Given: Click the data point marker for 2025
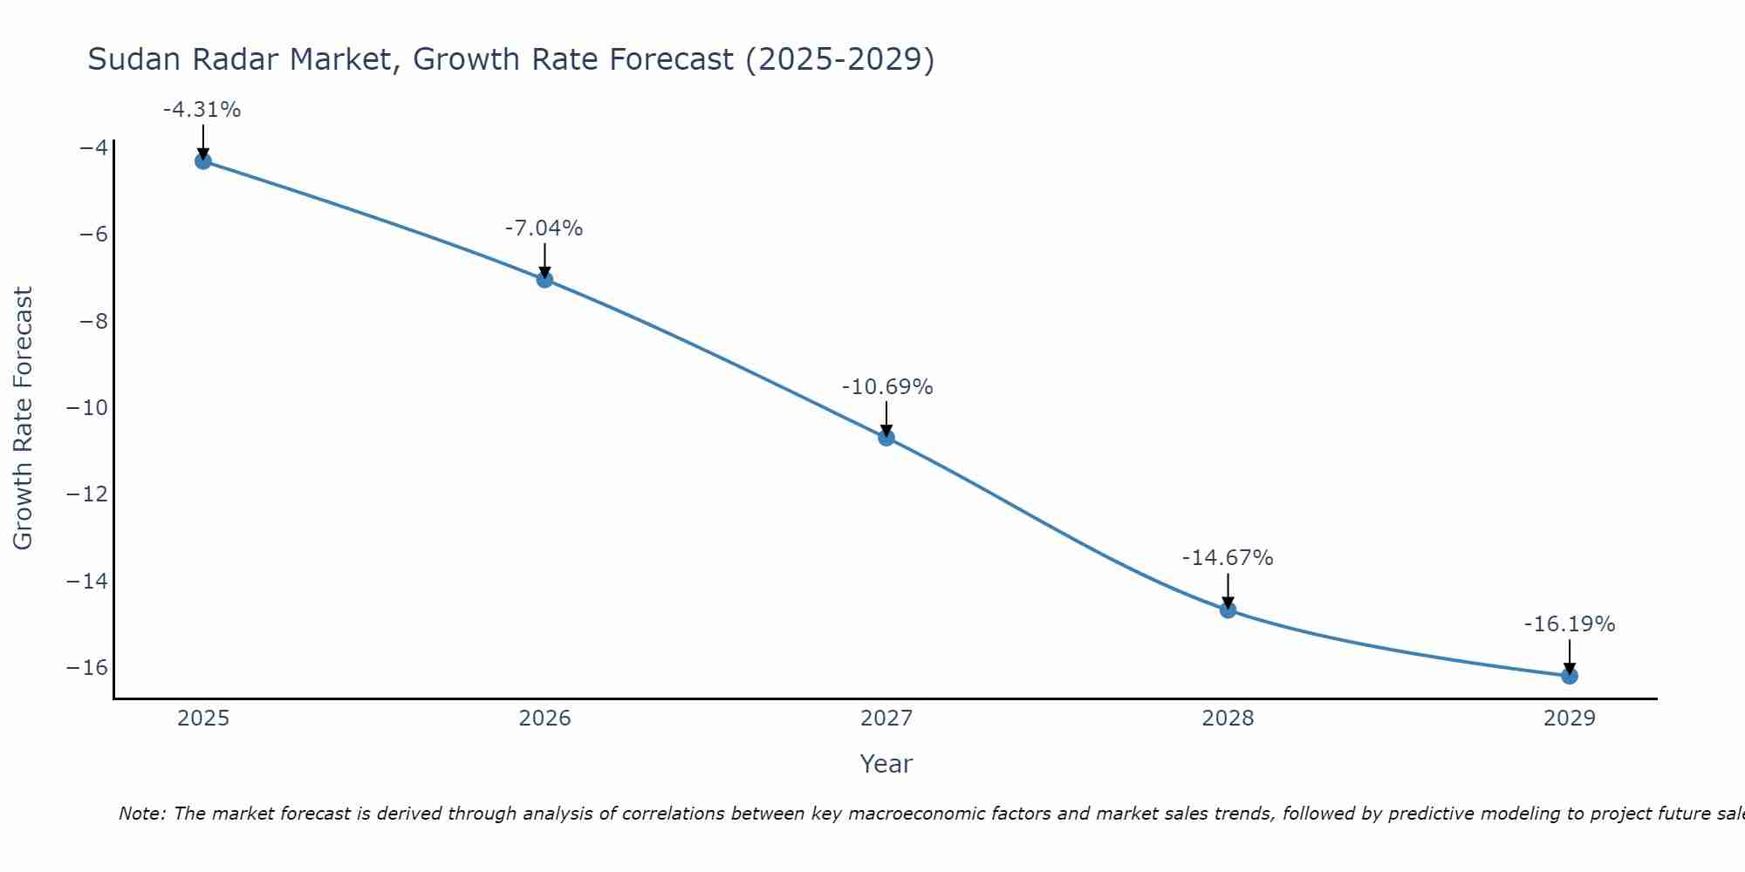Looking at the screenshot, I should [x=203, y=160].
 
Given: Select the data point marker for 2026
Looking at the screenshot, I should [x=544, y=279].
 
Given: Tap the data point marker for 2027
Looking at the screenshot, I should [x=886, y=438].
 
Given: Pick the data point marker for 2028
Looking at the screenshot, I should [x=1228, y=610].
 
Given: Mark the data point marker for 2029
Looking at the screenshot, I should [x=1570, y=676].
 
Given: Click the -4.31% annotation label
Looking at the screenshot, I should [x=202, y=110].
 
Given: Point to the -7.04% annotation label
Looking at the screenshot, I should [x=544, y=228].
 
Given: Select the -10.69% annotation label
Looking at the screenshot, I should [x=887, y=387].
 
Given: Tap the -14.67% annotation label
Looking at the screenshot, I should [x=1228, y=558].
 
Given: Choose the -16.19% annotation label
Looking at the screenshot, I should [x=1570, y=624].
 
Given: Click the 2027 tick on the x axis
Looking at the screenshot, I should [x=886, y=719].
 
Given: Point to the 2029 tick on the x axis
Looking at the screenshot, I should [x=1570, y=719].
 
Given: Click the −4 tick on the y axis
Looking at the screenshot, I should [x=93, y=147].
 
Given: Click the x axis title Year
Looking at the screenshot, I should [x=886, y=764].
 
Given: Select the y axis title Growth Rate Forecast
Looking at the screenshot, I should [x=23, y=418].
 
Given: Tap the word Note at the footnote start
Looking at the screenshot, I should [x=140, y=814].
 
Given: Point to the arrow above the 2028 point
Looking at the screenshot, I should [x=1228, y=590].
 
